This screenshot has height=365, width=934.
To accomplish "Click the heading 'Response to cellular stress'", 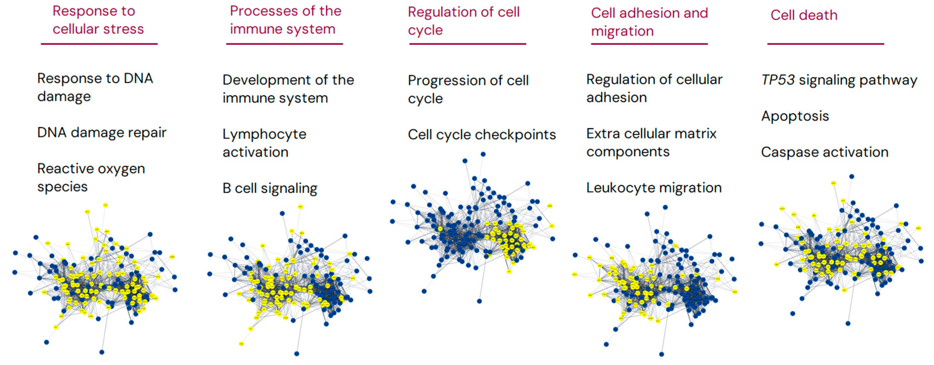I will [x=98, y=20].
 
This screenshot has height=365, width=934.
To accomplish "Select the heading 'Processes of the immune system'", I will [x=285, y=20].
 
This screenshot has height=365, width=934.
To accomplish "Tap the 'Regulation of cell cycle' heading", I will [x=463, y=21].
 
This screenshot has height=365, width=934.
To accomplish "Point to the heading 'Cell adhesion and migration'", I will [x=649, y=22].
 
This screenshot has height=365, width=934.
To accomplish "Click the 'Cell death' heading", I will [x=804, y=15].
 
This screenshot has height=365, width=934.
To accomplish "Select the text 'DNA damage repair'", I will [x=102, y=133].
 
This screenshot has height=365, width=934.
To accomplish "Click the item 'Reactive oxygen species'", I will [x=91, y=178].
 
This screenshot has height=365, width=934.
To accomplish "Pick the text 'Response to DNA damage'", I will [x=95, y=87].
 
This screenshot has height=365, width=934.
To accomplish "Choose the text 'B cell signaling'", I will [x=270, y=188].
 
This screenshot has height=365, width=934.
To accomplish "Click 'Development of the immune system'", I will [x=288, y=89].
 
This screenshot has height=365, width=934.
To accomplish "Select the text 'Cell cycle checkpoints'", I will [x=482, y=135].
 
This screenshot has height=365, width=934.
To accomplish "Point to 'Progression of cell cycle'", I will [x=468, y=89].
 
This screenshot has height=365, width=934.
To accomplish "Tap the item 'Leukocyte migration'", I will [x=654, y=188].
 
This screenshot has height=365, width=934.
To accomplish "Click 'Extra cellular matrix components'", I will [x=651, y=142].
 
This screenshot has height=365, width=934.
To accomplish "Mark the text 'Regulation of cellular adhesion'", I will [x=654, y=88].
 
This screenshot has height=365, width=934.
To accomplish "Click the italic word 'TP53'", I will [x=778, y=80].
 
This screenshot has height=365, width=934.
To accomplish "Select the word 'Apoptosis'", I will [x=795, y=116].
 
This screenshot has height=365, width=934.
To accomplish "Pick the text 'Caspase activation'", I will [x=825, y=152].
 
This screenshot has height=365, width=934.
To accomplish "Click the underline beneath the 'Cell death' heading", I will [x=825, y=44].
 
